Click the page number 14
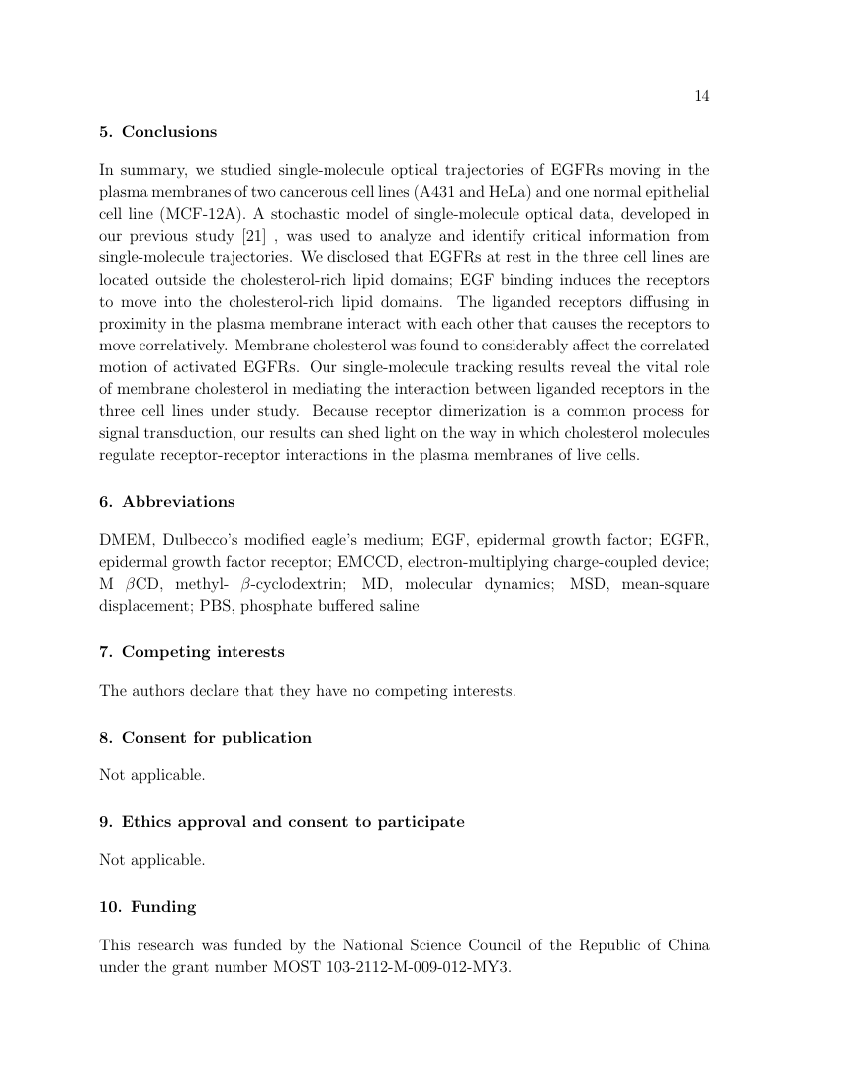[702, 96]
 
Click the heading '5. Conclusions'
[157, 132]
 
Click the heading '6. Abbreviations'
[166, 502]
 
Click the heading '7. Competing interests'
[191, 652]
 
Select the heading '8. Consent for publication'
[205, 738]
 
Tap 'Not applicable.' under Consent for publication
[152, 775]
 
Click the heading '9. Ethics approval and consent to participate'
[281, 822]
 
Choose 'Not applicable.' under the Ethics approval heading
[152, 860]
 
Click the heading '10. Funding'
[147, 907]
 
